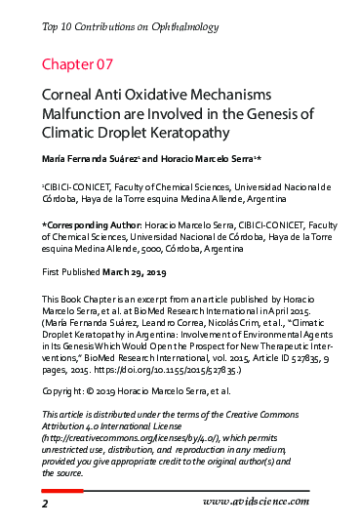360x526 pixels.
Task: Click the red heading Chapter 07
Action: (77, 64)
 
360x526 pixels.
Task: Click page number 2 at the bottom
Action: (45, 503)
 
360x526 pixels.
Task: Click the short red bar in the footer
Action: (61, 489)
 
